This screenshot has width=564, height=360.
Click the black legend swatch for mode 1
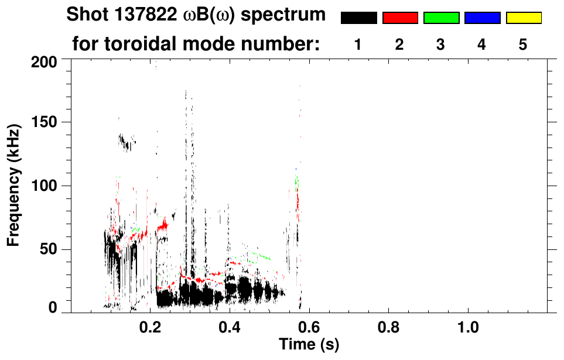(358, 18)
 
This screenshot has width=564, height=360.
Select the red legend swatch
(400, 18)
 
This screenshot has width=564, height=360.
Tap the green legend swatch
(441, 18)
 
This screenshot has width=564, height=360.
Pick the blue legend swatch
(482, 18)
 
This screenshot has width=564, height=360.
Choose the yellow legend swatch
(523, 18)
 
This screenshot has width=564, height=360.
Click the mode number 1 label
(358, 45)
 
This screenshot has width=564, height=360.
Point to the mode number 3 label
(440, 45)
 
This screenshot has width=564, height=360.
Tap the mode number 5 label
(522, 45)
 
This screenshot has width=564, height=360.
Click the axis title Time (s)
(308, 344)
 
